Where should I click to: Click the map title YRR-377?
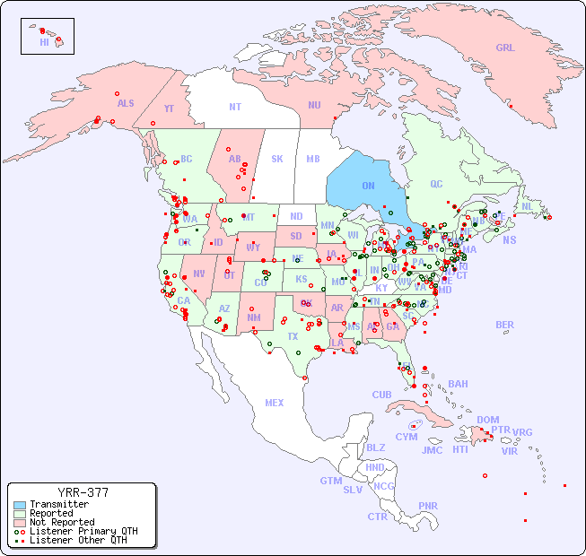tap(83, 492)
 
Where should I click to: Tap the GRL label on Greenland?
tap(505, 48)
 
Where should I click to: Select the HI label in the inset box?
tap(44, 42)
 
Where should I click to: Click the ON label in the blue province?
tap(368, 186)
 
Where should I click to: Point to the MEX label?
tap(275, 403)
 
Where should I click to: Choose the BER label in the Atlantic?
tap(504, 325)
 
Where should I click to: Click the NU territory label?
tap(314, 105)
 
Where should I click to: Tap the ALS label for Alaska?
tap(126, 103)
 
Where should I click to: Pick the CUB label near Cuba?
tap(381, 395)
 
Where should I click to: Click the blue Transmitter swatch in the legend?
tap(19, 505)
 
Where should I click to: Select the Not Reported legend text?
tap(62, 522)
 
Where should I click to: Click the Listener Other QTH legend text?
tap(77, 540)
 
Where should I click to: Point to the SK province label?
tap(277, 159)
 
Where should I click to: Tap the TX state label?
tap(293, 336)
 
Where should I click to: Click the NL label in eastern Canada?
tap(528, 205)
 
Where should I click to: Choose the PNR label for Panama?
tap(428, 506)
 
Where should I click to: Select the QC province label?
tap(436, 184)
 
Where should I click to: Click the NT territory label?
tap(235, 106)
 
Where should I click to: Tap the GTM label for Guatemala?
tap(330, 481)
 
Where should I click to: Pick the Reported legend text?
tap(51, 513)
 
